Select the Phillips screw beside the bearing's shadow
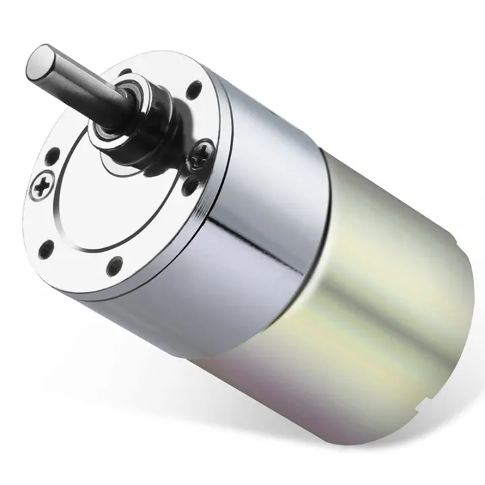point(201,156)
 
